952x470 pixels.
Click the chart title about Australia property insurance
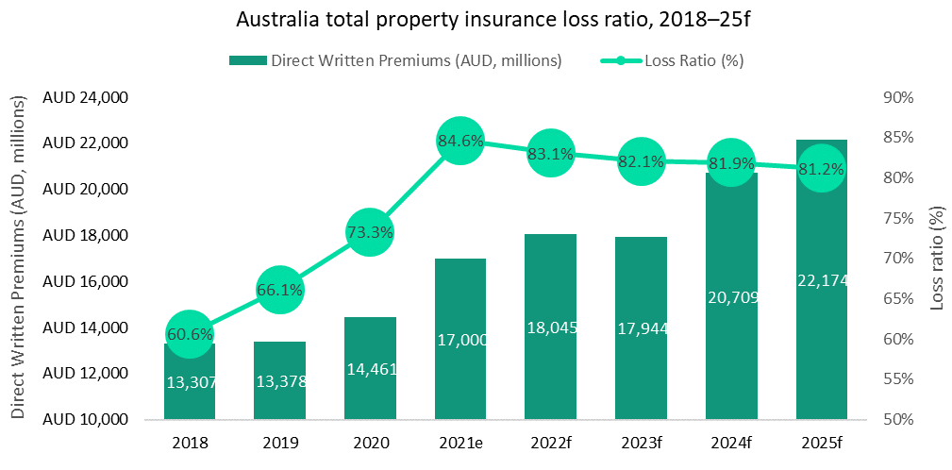476,19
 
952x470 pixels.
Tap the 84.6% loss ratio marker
460,142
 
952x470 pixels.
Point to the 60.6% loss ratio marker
190,334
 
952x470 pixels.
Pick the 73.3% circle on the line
370,232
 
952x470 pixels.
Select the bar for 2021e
460,359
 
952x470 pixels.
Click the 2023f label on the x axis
641,442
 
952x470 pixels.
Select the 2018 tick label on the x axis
190,442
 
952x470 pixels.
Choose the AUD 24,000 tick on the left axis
86,98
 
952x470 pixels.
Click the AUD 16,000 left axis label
86,282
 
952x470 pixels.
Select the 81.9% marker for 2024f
731,163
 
